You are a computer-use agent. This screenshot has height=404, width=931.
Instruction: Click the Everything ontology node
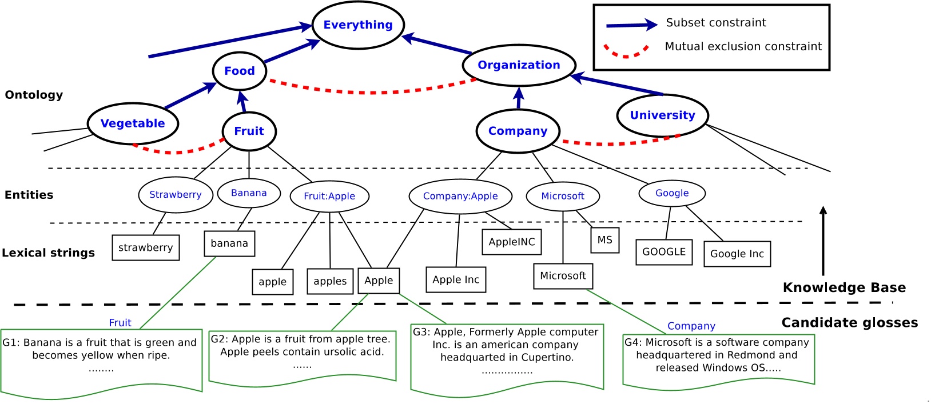click(x=358, y=25)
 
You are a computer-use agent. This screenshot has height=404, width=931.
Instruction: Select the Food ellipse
click(x=240, y=71)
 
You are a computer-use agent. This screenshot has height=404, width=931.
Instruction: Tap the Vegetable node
click(x=133, y=123)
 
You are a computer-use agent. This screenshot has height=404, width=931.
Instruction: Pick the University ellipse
click(x=662, y=115)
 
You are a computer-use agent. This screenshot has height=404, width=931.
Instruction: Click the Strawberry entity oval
click(x=175, y=195)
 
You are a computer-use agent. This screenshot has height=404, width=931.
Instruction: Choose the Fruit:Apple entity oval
click(x=329, y=197)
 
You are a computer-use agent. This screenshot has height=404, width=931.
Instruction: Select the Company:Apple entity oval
click(x=460, y=197)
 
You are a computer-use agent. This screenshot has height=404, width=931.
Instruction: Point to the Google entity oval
click(x=672, y=193)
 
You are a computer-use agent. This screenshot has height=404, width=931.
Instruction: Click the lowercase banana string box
click(x=229, y=243)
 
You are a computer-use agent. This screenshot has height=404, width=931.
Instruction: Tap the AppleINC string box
click(x=511, y=242)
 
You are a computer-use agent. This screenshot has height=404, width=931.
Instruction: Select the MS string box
click(x=604, y=240)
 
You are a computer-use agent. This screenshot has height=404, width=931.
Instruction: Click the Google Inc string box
click(x=737, y=254)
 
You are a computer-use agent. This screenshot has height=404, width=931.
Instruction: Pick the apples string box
click(x=330, y=282)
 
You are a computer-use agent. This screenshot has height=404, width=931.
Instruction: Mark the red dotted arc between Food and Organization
click(x=372, y=91)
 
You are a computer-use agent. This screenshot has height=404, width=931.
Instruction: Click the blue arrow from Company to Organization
click(x=519, y=98)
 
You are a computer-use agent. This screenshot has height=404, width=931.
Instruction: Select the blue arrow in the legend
click(x=631, y=25)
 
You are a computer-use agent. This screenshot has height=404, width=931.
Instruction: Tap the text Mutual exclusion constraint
click(x=743, y=47)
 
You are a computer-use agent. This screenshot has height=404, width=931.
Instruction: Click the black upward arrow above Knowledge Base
click(x=823, y=240)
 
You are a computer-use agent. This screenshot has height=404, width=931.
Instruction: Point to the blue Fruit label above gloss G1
click(x=120, y=323)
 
